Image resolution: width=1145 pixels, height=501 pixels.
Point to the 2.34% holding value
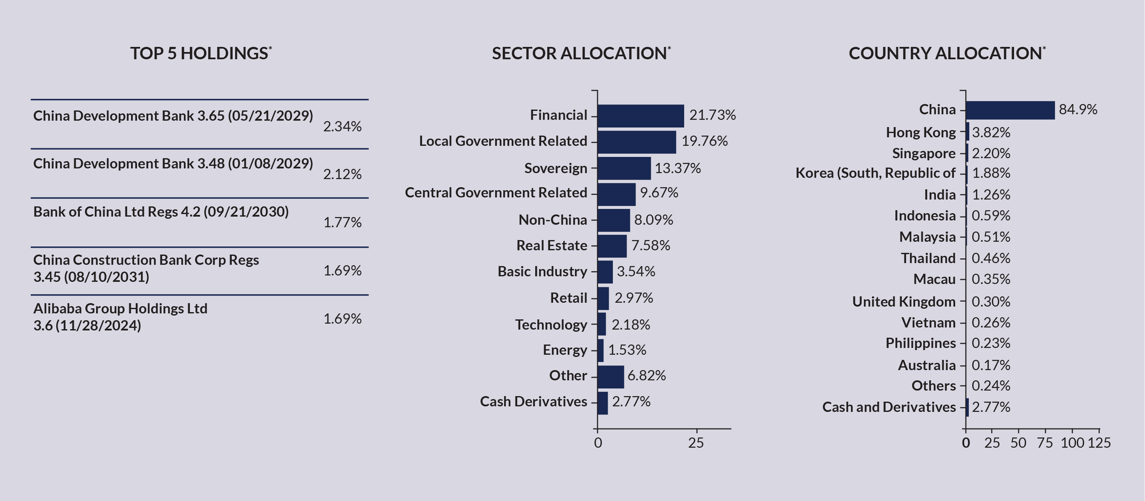[342, 127]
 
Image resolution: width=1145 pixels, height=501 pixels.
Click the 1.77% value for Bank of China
[342, 222]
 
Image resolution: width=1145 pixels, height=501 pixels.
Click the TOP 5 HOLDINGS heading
[200, 53]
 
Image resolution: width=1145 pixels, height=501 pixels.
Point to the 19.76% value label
[704, 141]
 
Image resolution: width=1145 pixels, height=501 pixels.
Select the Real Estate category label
[552, 246]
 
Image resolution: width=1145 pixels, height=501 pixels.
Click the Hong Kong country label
[920, 132]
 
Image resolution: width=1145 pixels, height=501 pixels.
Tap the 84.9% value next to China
[1078, 109]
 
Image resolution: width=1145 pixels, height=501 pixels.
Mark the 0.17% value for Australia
[991, 365]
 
